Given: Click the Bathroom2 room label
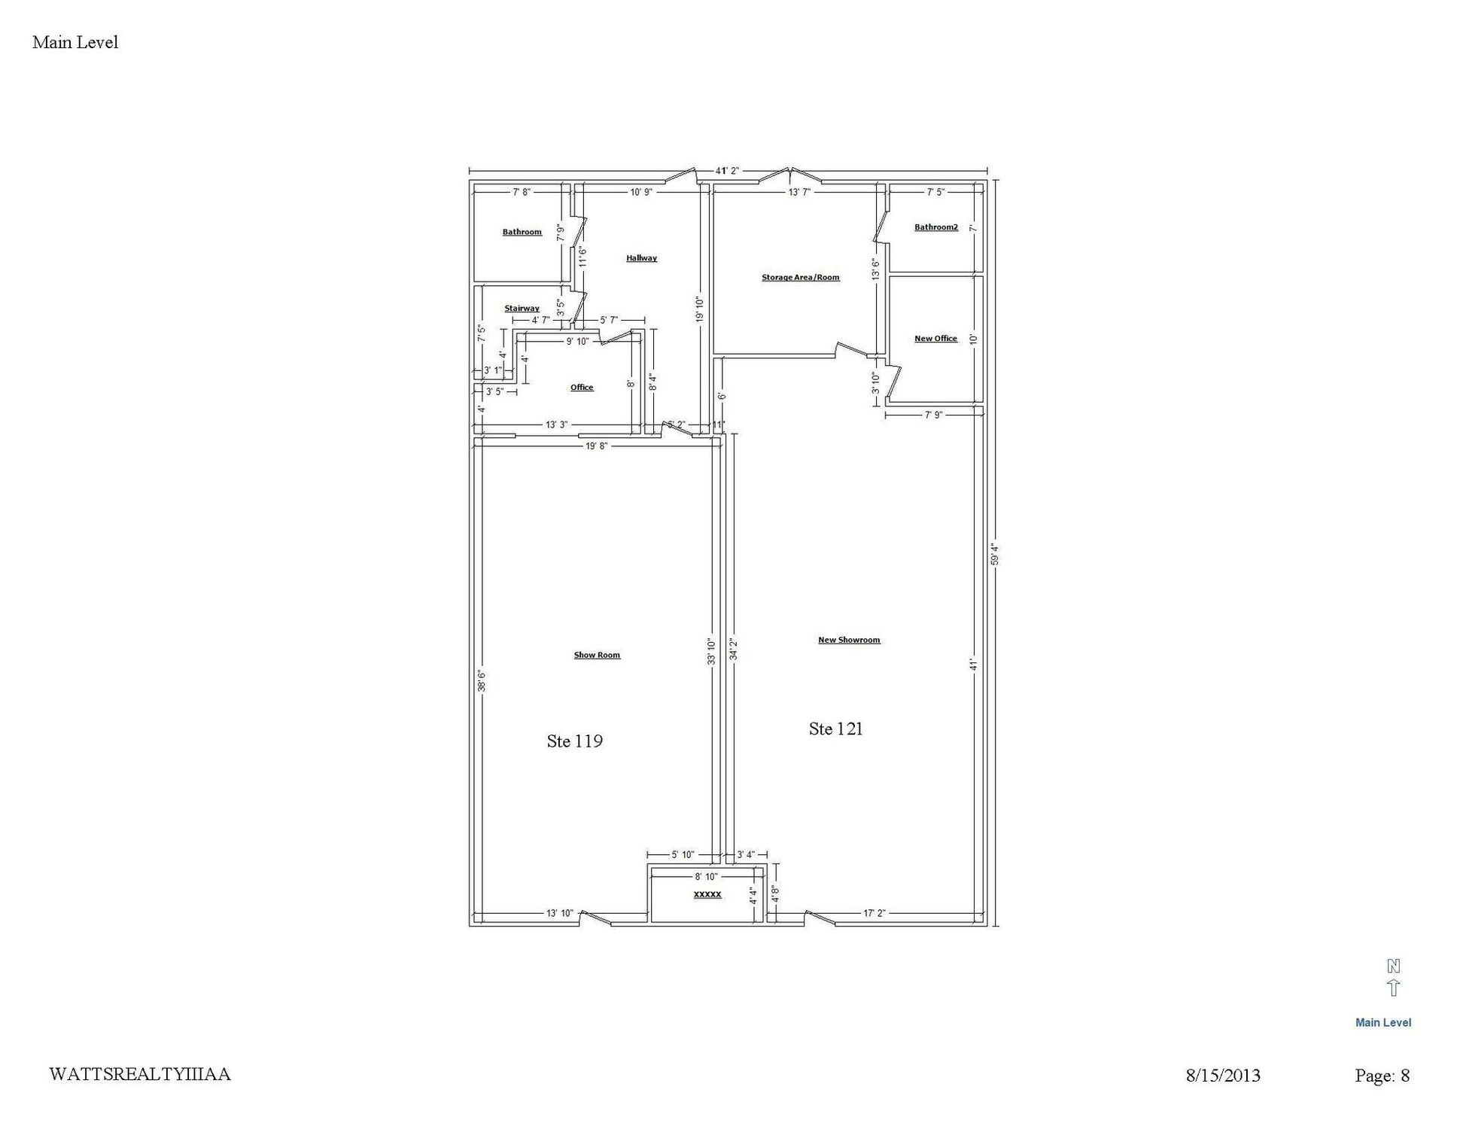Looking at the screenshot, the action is coord(936,227).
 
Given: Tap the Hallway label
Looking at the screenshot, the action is coord(641,258).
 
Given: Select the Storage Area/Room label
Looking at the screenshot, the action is coord(800,278).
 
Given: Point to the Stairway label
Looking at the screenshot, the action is coord(522,309).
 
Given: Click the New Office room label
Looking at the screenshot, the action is coord(935,339).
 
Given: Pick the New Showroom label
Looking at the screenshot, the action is coord(849,641).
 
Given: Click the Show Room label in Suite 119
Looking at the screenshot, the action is coord(597,656).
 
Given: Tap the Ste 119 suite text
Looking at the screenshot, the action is coord(574,741).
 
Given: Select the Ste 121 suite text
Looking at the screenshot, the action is coord(835,729).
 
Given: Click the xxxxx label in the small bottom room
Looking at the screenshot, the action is coord(707,894).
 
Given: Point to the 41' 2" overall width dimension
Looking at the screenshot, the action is coord(728,171).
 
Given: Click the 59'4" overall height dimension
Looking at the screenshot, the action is coord(994,555).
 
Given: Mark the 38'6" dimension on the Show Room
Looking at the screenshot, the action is coord(482,680).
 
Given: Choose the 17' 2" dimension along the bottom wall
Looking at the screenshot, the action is coord(874,914).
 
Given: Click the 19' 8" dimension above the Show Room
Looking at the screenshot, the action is coord(596,446).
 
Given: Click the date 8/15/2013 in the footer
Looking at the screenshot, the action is coord(1223,1076).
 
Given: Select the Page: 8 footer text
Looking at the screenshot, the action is coord(1382,1076).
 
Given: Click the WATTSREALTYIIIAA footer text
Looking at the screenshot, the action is coord(140,1074).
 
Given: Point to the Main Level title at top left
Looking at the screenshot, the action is coord(75,42).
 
